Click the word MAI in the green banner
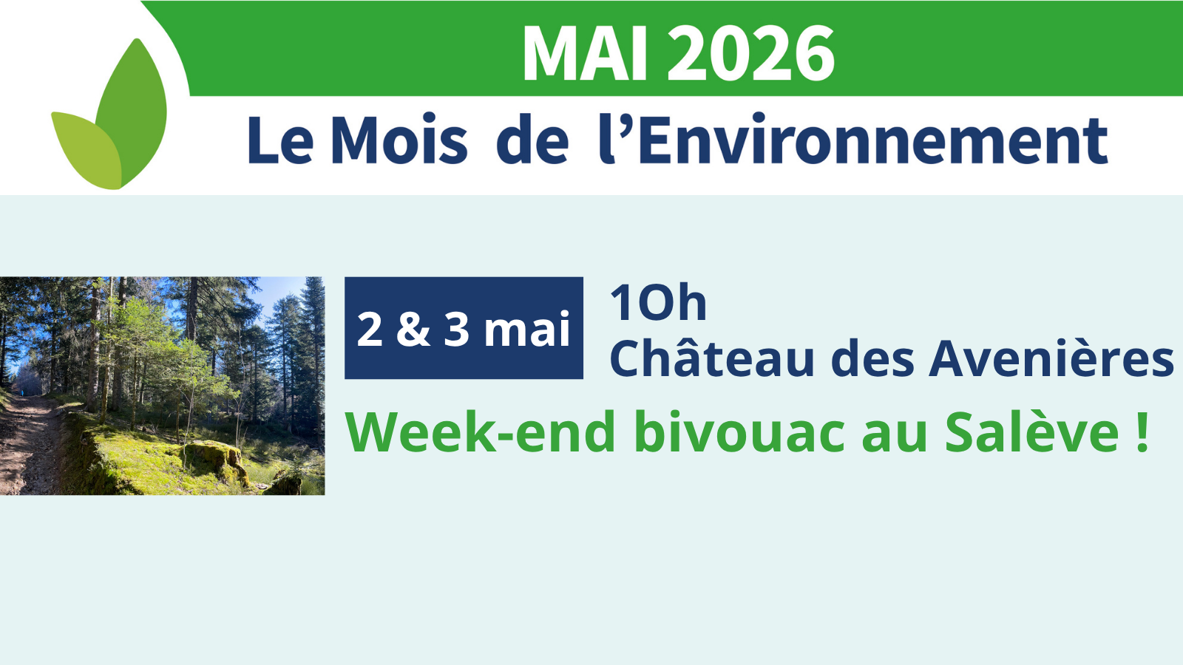pos(585,53)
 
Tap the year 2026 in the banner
pos(751,53)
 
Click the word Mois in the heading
pos(399,138)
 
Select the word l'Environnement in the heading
pos(853,138)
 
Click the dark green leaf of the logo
pos(132,111)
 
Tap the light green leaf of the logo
pos(87,151)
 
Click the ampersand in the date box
pos(413,329)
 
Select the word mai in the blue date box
pos(527,329)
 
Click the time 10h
pos(658,303)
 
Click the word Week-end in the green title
pos(480,433)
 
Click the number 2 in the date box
pos(370,329)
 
